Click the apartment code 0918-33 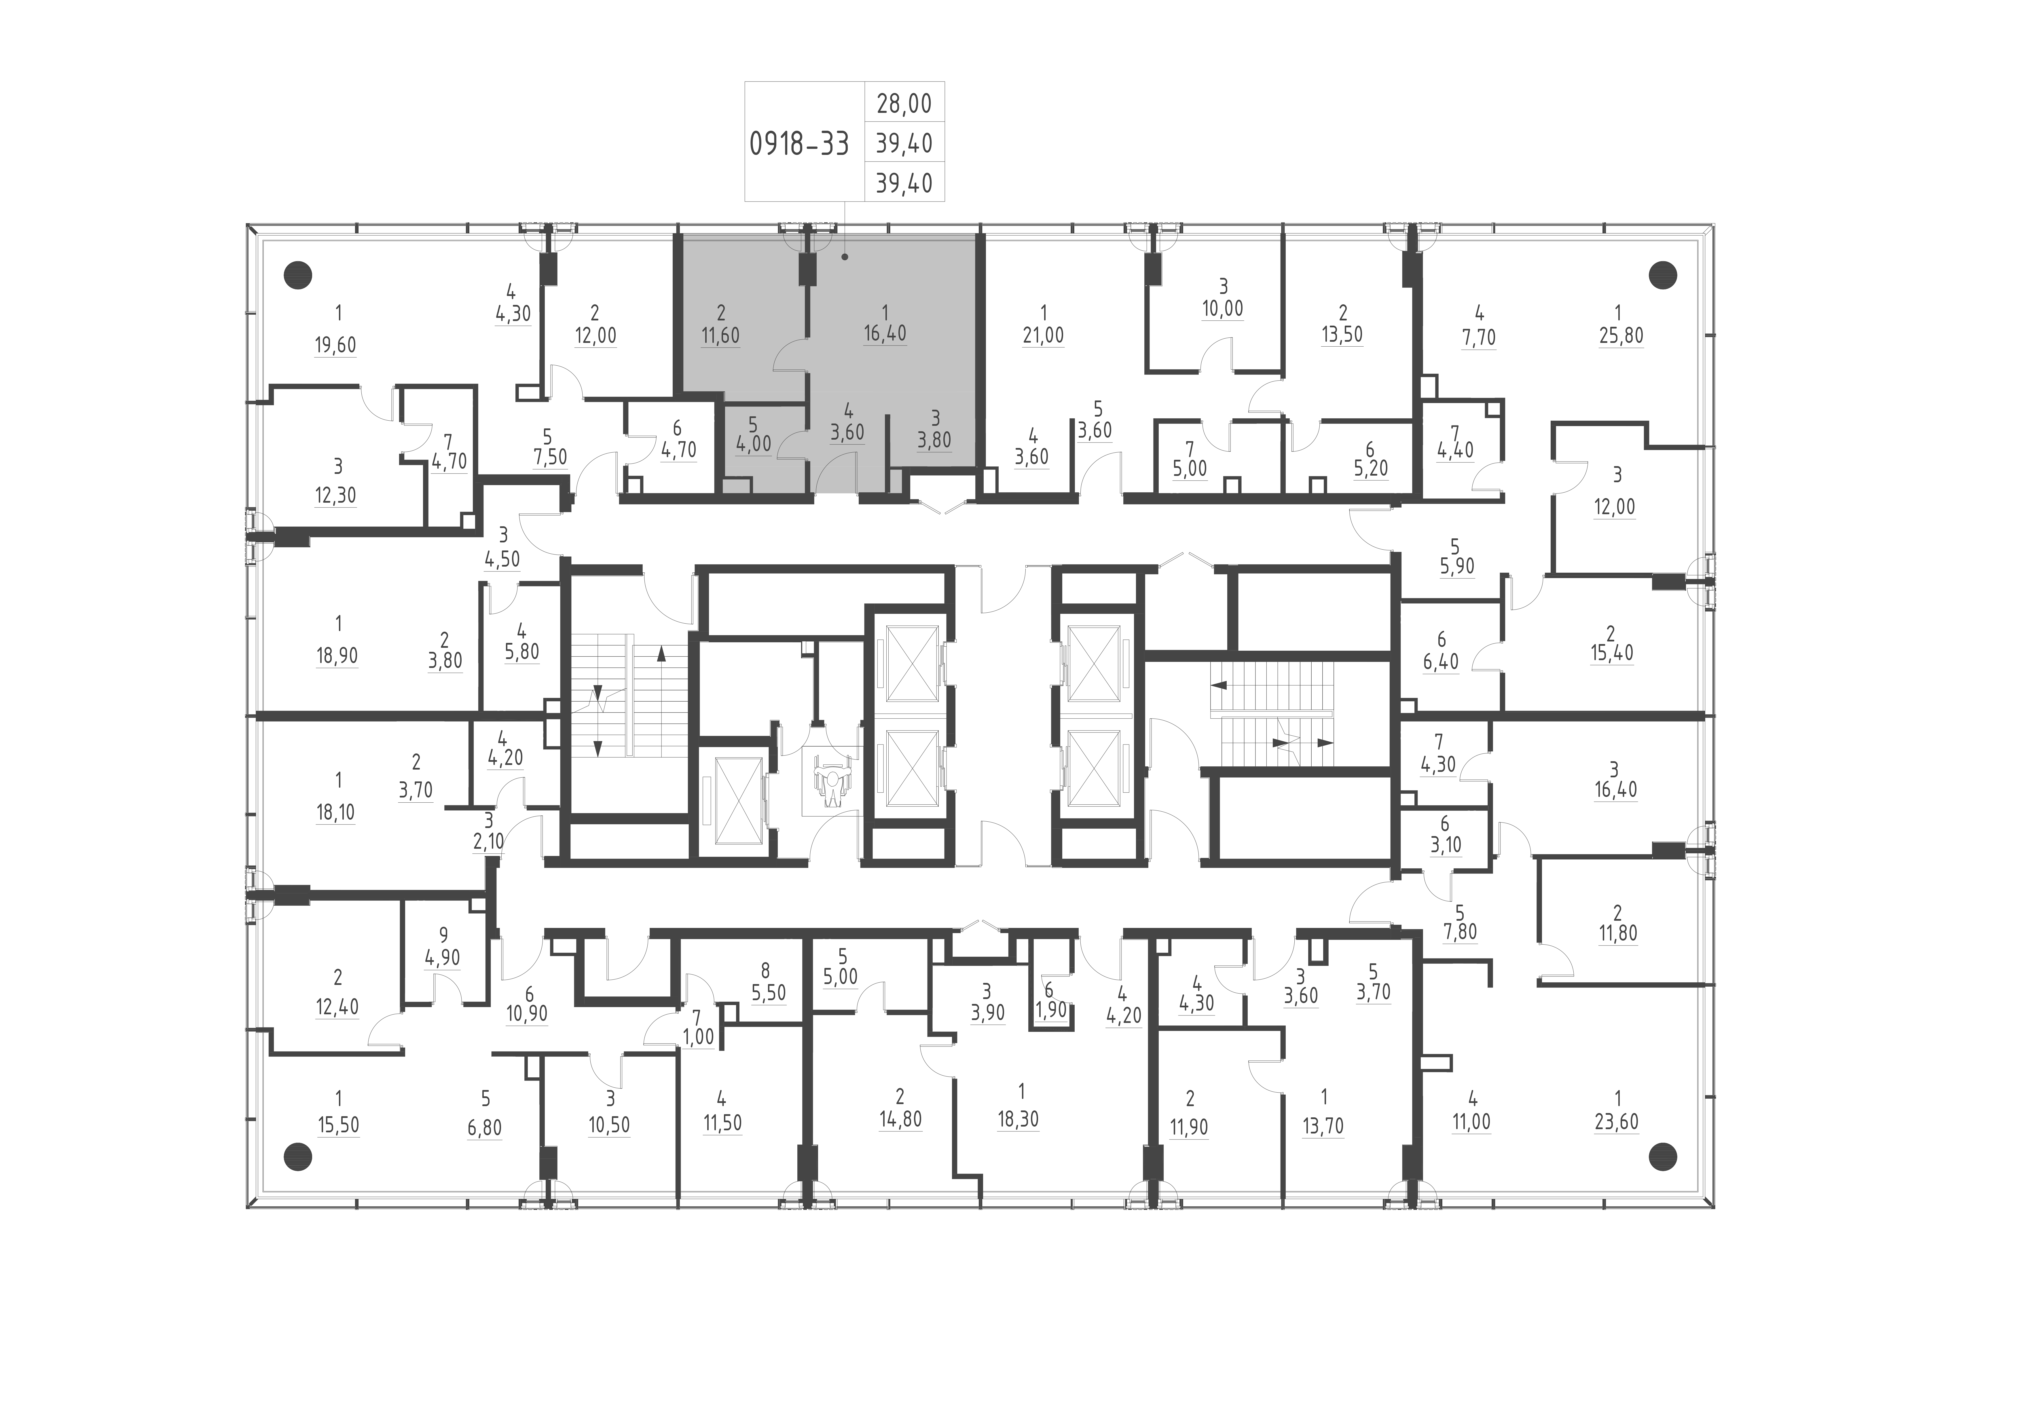(x=799, y=143)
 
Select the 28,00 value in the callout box (x=904, y=104)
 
